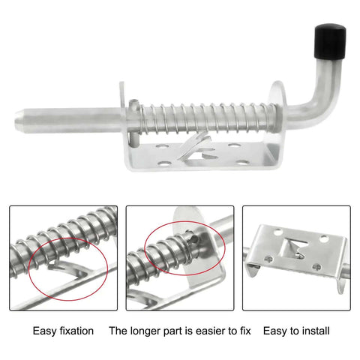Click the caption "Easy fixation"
(x=64, y=330)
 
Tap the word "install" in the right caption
(x=314, y=330)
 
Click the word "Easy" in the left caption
(x=44, y=330)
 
